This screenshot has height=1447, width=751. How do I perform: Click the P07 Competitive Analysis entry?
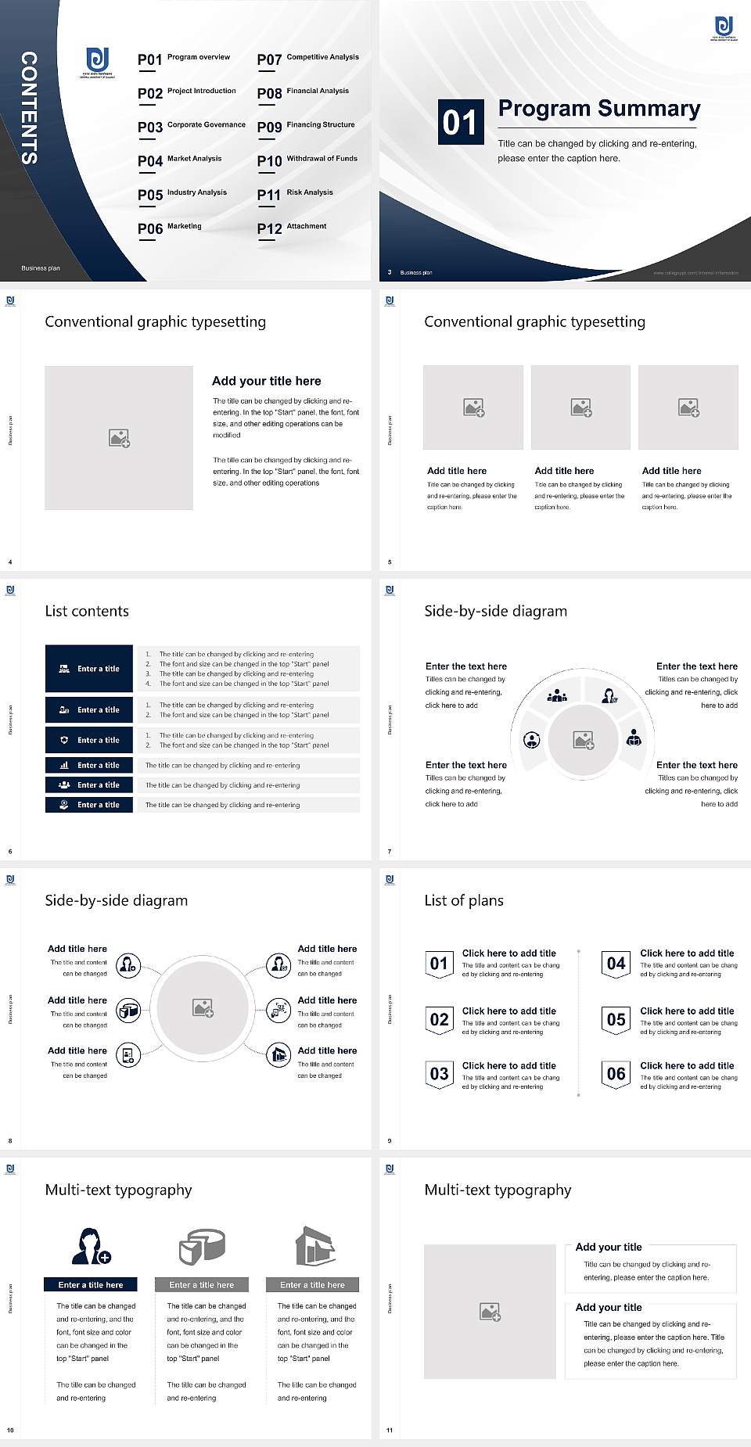307,59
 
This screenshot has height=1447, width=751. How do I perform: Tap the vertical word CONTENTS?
29,108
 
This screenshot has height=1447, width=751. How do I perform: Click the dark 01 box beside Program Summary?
460,122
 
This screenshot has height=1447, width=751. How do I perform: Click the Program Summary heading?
598,109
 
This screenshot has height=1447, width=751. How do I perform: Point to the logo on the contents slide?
98,62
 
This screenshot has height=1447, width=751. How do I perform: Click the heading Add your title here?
266,381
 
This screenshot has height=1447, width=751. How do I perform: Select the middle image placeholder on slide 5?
580,408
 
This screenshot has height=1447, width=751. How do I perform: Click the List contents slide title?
87,611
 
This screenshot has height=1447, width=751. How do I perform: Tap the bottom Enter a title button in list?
89,804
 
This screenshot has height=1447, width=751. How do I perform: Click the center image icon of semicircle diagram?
584,739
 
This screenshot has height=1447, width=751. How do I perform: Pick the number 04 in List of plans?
616,964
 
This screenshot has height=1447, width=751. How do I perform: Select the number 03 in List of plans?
440,1074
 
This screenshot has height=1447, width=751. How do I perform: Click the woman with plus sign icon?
91,1246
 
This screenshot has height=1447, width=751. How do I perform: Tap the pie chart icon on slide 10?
202,1246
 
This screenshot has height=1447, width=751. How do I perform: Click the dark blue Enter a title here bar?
90,1284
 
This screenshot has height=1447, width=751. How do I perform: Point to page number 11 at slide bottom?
389,1431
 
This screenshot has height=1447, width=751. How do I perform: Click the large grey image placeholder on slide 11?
490,1312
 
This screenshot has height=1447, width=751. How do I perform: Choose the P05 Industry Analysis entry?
182,194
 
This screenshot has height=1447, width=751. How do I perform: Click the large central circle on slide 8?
203,1008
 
